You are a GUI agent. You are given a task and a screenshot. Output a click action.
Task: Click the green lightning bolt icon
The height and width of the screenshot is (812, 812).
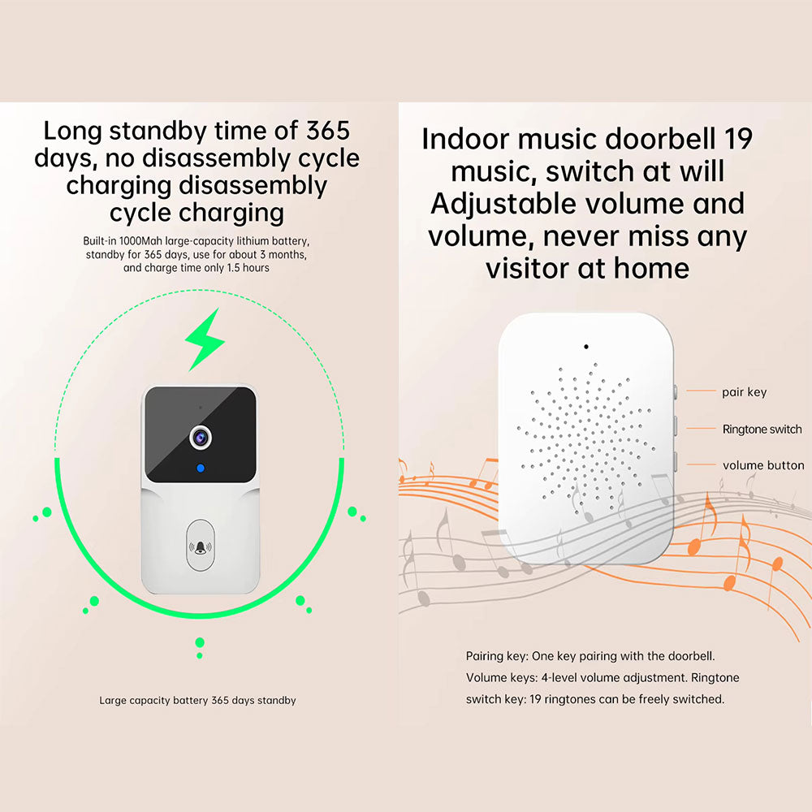click(x=205, y=339)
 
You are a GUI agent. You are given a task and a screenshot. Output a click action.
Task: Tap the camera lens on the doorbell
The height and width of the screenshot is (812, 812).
click(x=201, y=438)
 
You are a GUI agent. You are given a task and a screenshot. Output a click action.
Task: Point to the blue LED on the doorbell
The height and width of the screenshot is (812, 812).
click(x=201, y=469)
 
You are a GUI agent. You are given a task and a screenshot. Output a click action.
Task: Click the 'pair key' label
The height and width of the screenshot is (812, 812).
click(x=744, y=392)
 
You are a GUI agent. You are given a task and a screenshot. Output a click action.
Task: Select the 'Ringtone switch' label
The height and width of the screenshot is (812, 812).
click(x=762, y=429)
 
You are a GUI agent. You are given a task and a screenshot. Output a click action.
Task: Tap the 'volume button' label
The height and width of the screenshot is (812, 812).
click(x=763, y=465)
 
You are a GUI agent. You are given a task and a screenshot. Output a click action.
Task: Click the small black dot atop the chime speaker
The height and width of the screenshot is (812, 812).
click(x=586, y=347)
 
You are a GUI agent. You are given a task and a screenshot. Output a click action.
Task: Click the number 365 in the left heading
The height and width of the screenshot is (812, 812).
click(x=328, y=131)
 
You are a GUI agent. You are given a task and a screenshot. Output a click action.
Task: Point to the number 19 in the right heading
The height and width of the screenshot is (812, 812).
click(x=738, y=139)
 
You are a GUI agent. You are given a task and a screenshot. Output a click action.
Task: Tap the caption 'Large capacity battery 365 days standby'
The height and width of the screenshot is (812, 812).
click(x=198, y=700)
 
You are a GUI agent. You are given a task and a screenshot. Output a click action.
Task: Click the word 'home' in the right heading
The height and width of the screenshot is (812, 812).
click(x=651, y=268)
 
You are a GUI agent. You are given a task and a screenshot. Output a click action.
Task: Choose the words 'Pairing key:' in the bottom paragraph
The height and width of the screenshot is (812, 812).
click(x=497, y=656)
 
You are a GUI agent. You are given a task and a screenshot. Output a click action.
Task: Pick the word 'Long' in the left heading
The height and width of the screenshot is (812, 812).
click(x=72, y=132)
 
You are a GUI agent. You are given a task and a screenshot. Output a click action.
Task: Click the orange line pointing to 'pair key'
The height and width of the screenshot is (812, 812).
click(x=701, y=391)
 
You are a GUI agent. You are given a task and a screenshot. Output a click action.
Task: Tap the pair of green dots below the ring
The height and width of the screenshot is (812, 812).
click(x=200, y=648)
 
